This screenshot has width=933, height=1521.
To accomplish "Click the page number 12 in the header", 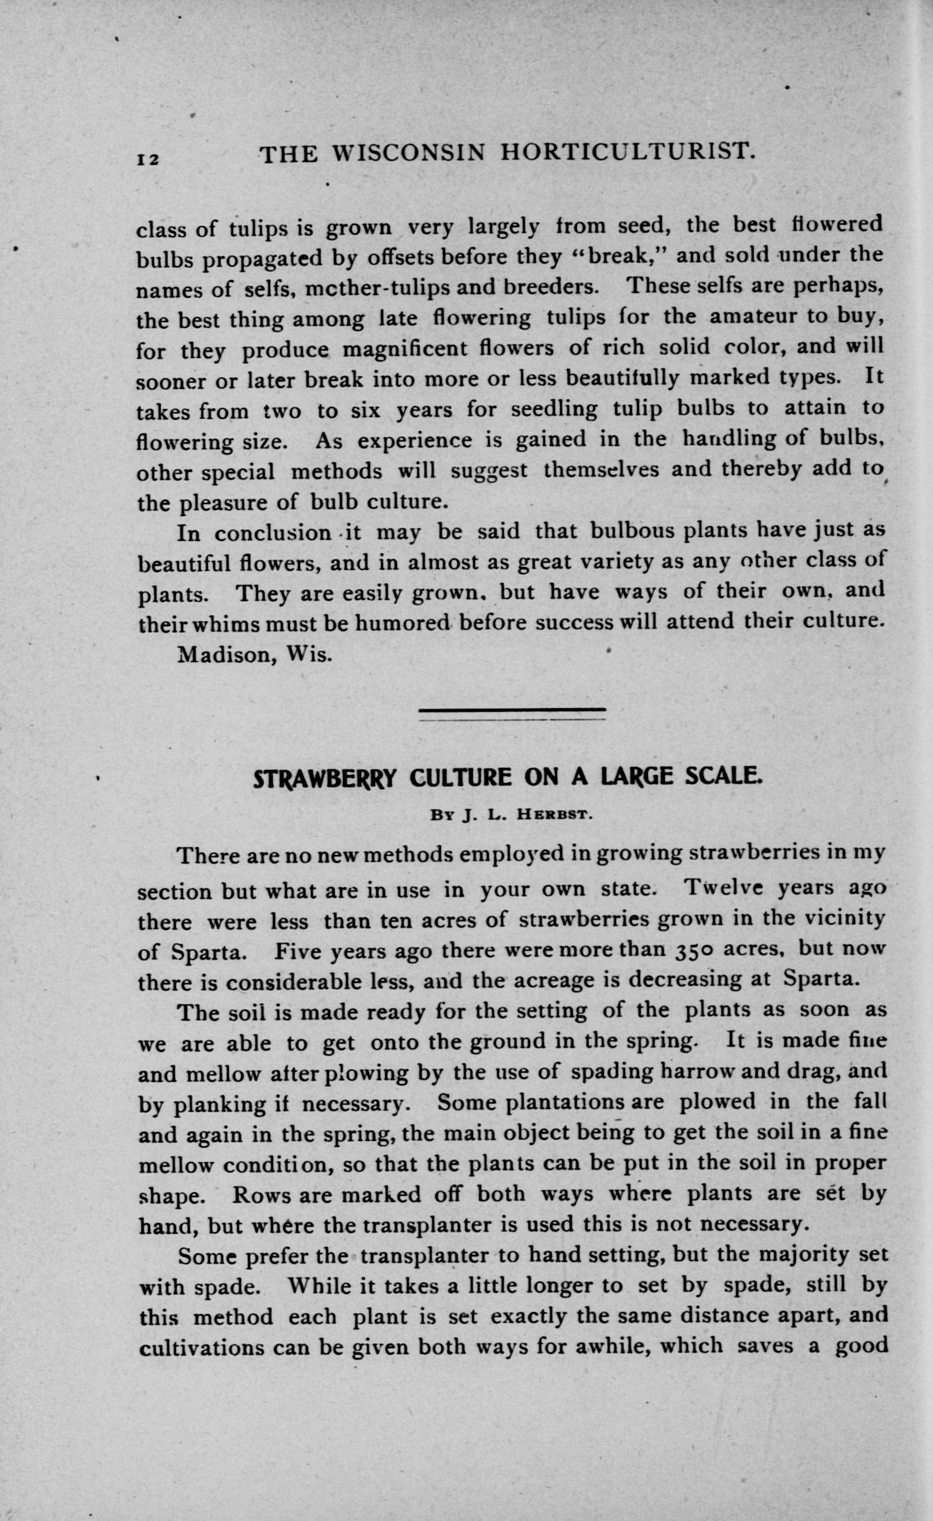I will tap(148, 158).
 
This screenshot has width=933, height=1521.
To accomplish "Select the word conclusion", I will tap(272, 533).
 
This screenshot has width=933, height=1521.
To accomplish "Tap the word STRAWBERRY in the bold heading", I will tap(324, 779).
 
